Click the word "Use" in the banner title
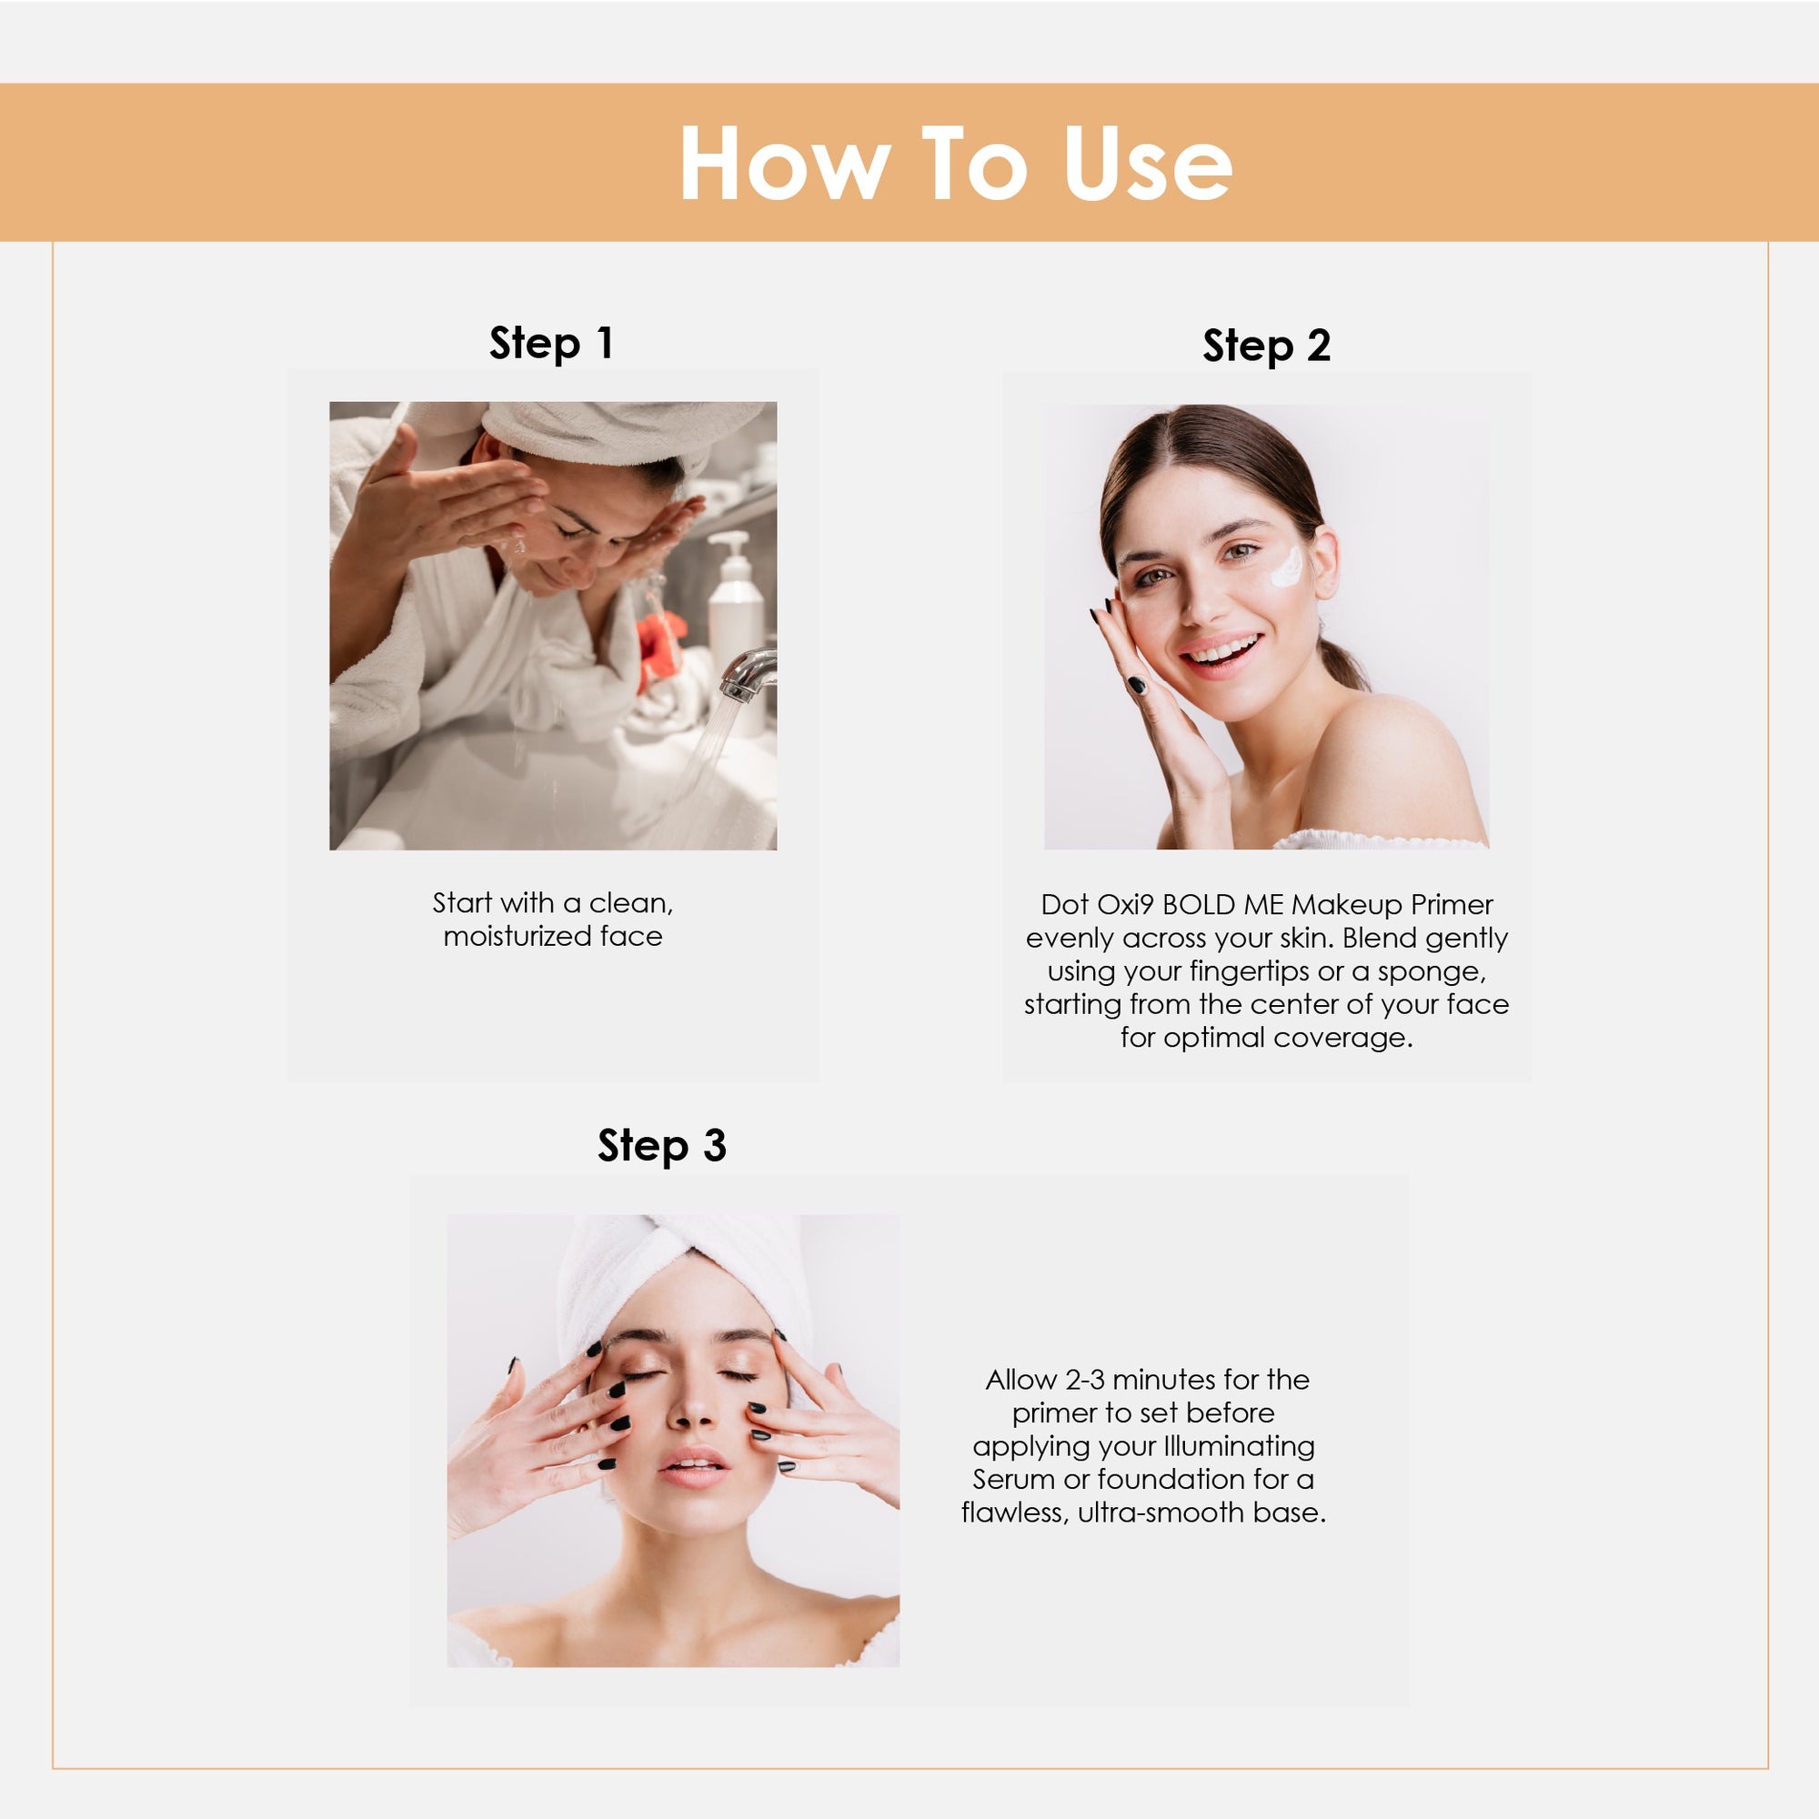click(x=1148, y=164)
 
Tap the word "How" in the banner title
click(x=785, y=164)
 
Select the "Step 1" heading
click(x=552, y=344)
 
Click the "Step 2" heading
click(x=1266, y=347)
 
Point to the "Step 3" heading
click(x=662, y=1147)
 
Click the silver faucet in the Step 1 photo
click(x=750, y=674)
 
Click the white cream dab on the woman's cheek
click(x=1286, y=567)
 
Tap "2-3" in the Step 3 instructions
click(x=1086, y=1381)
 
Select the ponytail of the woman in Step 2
click(x=1344, y=665)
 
